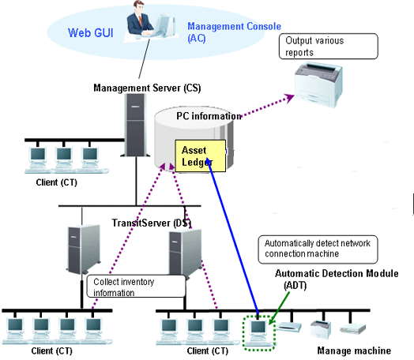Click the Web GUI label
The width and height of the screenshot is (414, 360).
point(91,33)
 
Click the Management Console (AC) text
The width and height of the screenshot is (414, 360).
point(234,32)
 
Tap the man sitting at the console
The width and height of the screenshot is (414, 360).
point(139,19)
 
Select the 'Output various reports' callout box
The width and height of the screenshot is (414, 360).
point(329,46)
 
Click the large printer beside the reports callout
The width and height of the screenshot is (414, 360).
point(318,84)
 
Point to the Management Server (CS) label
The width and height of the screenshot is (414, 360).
point(147,88)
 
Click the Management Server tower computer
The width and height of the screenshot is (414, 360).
point(135,125)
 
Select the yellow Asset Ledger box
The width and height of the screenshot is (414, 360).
point(201,156)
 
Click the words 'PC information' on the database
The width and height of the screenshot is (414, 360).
point(209,116)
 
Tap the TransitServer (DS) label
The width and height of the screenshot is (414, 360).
point(152,223)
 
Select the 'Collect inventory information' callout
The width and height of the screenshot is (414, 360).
point(136,287)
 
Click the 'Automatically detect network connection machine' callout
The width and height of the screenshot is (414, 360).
point(318,249)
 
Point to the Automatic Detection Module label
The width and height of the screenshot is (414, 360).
point(337,279)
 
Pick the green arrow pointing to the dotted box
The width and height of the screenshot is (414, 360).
point(279,308)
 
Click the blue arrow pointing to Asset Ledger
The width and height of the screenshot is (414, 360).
point(232,236)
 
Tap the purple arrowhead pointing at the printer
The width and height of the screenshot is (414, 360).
point(290,97)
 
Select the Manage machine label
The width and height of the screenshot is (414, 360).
point(354,351)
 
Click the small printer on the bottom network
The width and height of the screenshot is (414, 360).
point(320,329)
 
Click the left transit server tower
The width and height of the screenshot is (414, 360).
point(84,249)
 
